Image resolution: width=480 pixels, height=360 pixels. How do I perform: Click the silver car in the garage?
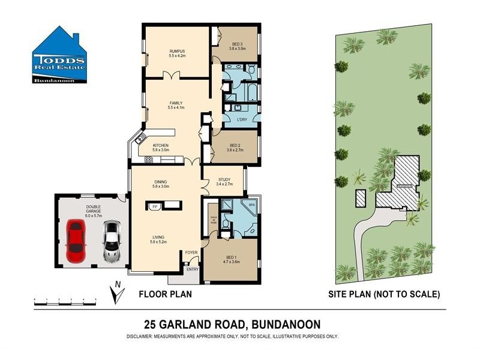coord(111,241)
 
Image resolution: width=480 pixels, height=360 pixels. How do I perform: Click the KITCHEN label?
coord(160,145)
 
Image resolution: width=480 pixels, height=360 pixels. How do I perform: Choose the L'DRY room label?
coord(242,119)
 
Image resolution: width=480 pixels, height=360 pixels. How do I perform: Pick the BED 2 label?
coord(235,146)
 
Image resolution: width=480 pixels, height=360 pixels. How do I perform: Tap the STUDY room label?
coord(224,179)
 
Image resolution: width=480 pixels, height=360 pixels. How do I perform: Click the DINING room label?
coord(160,182)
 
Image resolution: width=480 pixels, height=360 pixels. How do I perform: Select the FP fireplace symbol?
coord(155,206)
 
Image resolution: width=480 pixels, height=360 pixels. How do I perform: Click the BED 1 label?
coord(232,259)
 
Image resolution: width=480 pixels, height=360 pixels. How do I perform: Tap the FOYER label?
coord(191,253)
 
